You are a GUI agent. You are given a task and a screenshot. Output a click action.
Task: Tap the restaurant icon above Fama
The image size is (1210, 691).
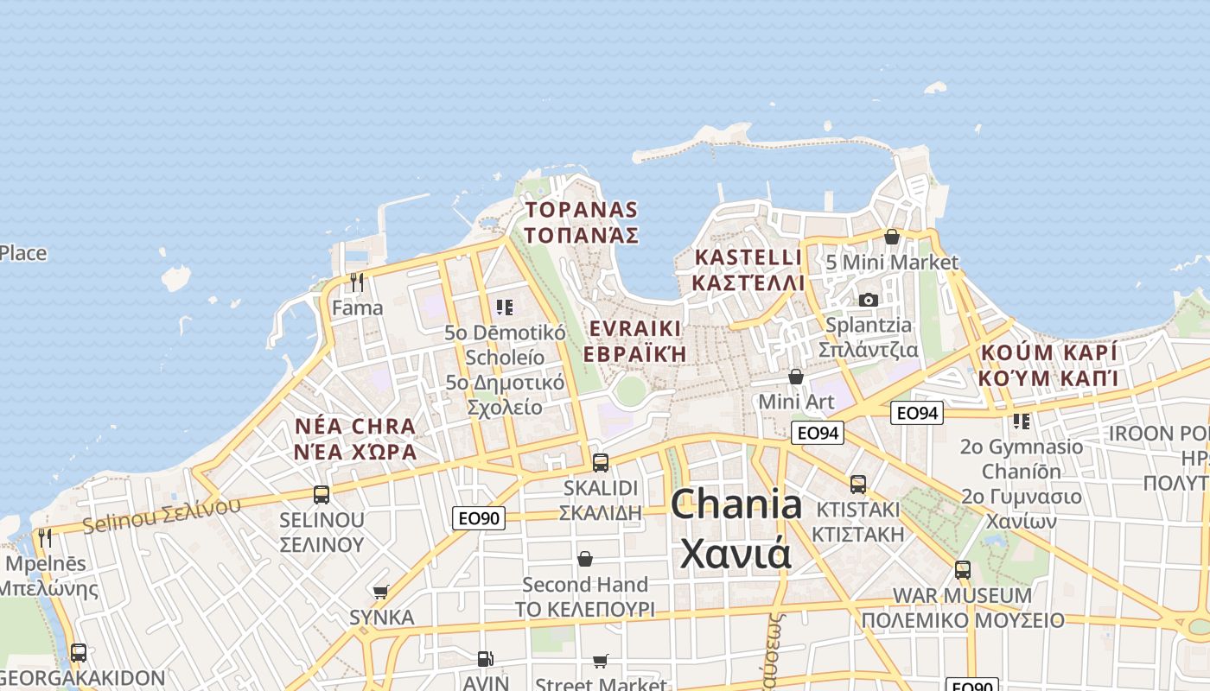(357, 282)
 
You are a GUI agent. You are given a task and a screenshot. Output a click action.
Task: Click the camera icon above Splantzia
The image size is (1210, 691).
(869, 300)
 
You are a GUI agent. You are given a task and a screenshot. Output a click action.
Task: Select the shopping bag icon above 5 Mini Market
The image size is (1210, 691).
(892, 236)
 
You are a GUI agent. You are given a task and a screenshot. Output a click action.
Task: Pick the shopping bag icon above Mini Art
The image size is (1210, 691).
(796, 377)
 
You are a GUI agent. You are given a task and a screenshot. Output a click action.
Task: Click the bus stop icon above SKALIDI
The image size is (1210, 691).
(601, 462)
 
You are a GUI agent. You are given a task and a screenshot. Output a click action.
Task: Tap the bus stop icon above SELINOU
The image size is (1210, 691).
(322, 495)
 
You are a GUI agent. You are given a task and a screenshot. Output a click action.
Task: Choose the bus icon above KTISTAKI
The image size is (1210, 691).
(858, 485)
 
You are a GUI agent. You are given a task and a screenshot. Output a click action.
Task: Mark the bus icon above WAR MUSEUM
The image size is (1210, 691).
(963, 570)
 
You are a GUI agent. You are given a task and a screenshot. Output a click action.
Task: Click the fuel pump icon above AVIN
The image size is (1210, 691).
(486, 659)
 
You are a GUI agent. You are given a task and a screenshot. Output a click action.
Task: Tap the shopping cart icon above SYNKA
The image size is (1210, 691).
(381, 592)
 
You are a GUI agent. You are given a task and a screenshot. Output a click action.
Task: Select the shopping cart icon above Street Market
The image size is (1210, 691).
(601, 661)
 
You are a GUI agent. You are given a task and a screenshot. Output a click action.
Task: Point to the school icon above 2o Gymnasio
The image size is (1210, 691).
(1022, 422)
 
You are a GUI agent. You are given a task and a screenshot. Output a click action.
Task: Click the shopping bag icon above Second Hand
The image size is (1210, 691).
(585, 559)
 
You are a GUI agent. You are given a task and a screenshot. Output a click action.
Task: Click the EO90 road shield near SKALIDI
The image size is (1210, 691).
(479, 518)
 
